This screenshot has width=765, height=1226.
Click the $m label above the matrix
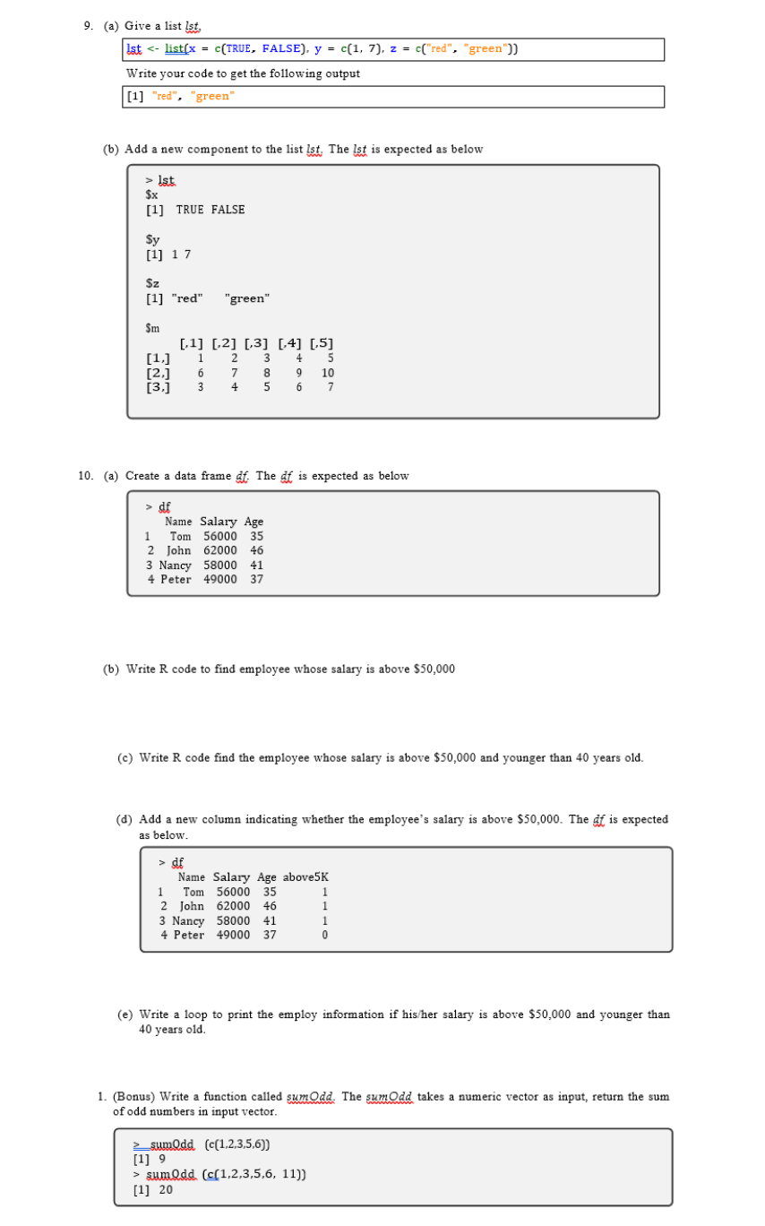pos(153,328)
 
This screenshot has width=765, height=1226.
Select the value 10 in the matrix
pos(327,373)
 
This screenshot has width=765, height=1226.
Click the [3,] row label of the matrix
pos(159,387)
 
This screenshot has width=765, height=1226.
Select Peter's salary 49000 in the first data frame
pos(220,580)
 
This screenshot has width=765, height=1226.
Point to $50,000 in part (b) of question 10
pos(434,669)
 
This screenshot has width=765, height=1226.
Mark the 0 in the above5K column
pos(325,936)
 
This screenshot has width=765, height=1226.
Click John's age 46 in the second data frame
pos(270,906)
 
